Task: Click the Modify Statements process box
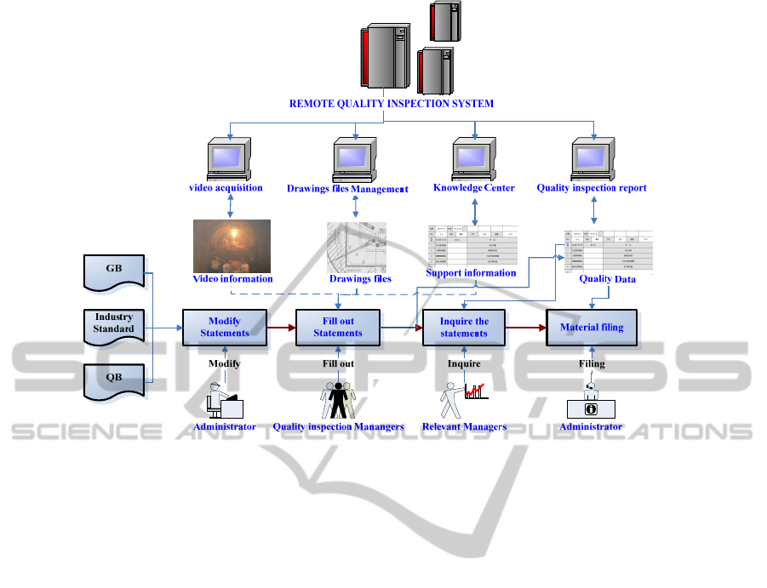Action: click(x=225, y=328)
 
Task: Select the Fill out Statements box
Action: click(x=338, y=328)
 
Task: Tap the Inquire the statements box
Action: click(x=464, y=328)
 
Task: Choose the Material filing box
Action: click(x=592, y=328)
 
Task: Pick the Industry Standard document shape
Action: click(x=114, y=324)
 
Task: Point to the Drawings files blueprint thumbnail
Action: click(x=357, y=247)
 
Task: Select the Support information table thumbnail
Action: click(x=471, y=246)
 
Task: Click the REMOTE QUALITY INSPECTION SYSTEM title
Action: click(x=392, y=104)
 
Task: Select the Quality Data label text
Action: click(x=607, y=279)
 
